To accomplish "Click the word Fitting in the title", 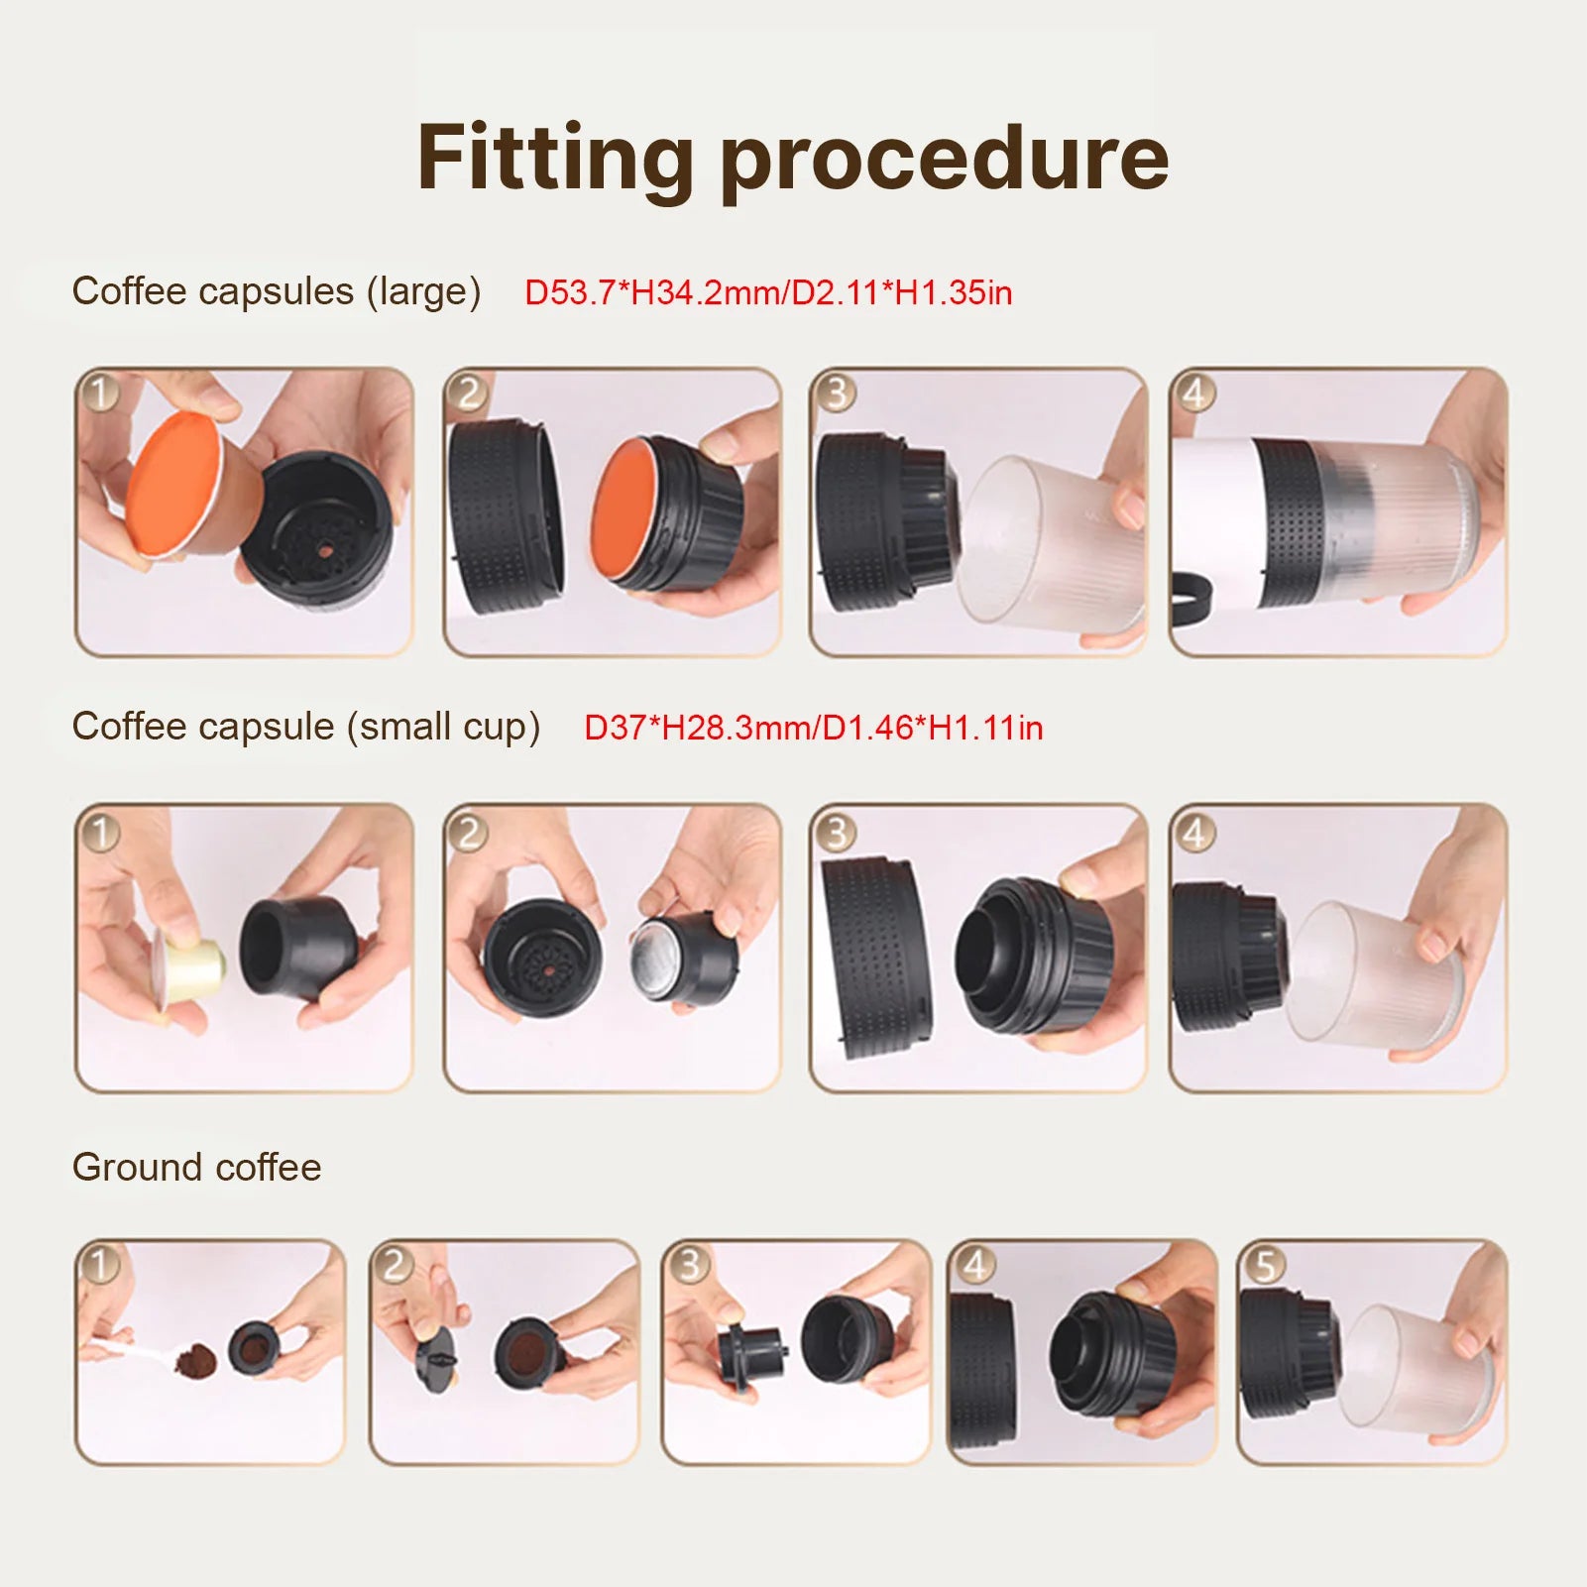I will tap(554, 159).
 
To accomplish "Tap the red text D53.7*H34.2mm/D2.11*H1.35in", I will tap(768, 292).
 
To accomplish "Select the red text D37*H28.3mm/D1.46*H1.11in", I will tap(813, 728).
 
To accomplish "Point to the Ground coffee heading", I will tap(196, 1167).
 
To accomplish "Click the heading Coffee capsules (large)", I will tap(276, 291).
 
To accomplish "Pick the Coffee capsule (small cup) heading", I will tap(305, 727).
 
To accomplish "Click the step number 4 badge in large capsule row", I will tap(1194, 394).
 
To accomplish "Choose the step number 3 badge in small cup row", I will tap(836, 832).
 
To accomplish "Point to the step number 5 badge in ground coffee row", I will tap(1264, 1265).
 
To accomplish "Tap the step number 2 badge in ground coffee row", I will tap(396, 1265).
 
